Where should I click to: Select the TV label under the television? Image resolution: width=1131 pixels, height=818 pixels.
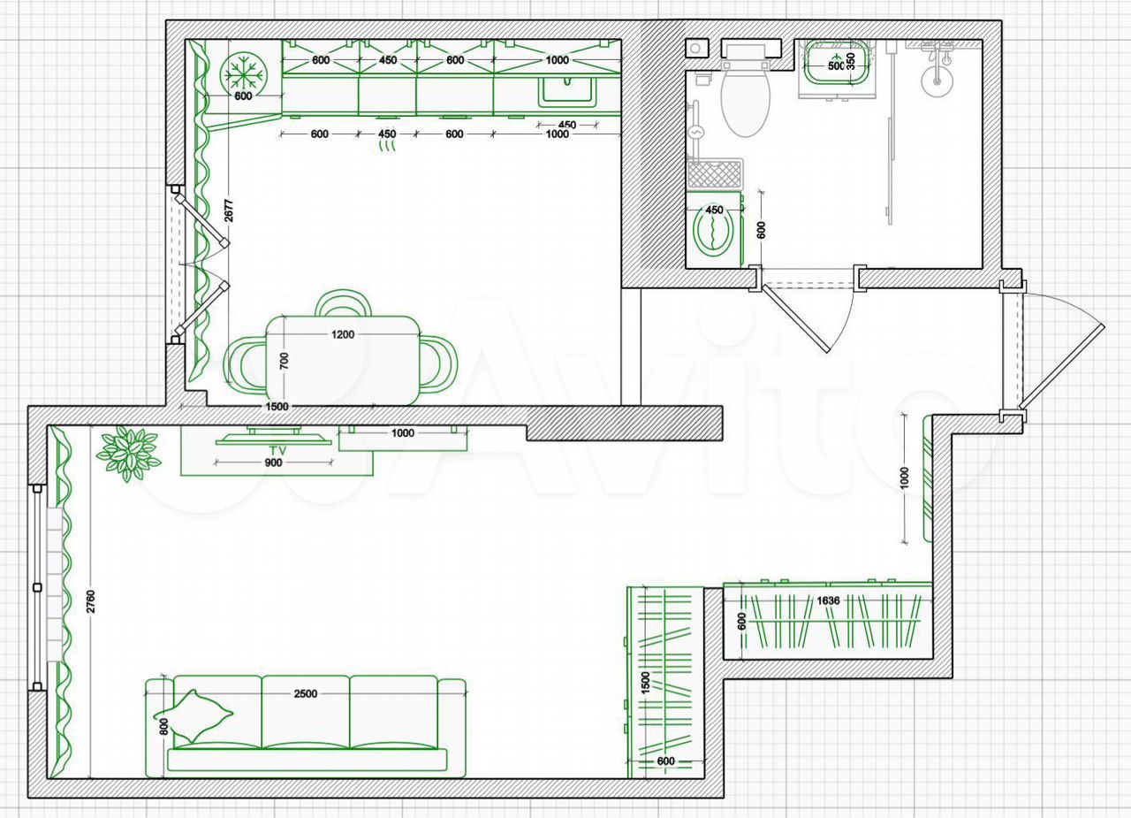pyautogui.click(x=277, y=450)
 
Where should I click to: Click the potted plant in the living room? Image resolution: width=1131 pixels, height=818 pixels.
pyautogui.click(x=128, y=453)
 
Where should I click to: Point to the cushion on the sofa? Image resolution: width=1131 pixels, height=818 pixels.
pyautogui.click(x=193, y=715)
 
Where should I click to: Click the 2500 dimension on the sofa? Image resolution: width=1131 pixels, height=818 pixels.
pyautogui.click(x=306, y=693)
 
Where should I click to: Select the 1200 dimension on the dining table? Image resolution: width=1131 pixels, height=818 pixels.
pyautogui.click(x=342, y=334)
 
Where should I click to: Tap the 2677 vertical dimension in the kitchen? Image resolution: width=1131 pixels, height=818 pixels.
pyautogui.click(x=229, y=210)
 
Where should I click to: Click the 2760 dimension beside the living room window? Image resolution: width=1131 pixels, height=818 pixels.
pyautogui.click(x=90, y=601)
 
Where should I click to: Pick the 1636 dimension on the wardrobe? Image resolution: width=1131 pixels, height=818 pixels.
pyautogui.click(x=828, y=600)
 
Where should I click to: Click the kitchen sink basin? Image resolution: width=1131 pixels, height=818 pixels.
pyautogui.click(x=568, y=92)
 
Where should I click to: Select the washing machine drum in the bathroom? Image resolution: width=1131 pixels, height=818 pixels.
pyautogui.click(x=714, y=233)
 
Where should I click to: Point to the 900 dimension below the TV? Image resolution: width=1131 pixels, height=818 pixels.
pyautogui.click(x=273, y=463)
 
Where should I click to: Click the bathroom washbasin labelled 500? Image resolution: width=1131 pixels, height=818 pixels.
pyautogui.click(x=837, y=63)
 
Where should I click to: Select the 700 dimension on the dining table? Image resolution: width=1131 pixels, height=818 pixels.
pyautogui.click(x=285, y=361)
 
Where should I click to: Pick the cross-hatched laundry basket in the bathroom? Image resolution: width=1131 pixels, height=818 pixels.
pyautogui.click(x=715, y=174)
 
